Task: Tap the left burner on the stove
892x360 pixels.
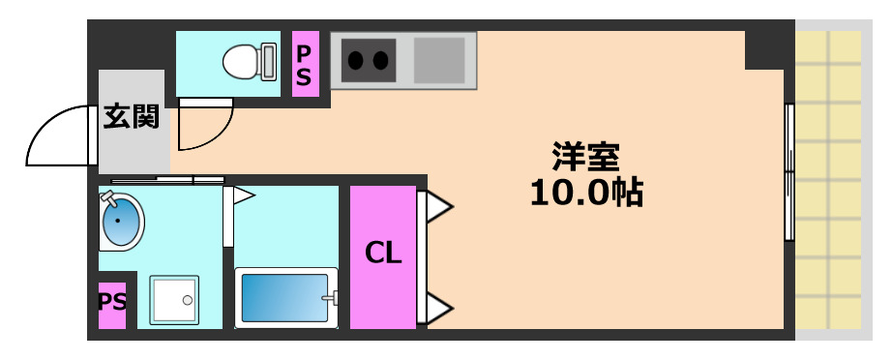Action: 355,60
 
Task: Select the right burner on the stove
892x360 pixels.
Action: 382,60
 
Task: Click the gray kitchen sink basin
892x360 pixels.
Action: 439,60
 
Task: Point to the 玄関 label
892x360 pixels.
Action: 132,118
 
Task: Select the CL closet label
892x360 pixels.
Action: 382,255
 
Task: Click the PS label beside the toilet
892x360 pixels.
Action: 304,64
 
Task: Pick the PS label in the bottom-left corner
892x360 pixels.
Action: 111,301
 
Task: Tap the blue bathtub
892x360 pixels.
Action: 286,297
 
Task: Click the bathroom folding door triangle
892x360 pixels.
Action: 242,196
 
